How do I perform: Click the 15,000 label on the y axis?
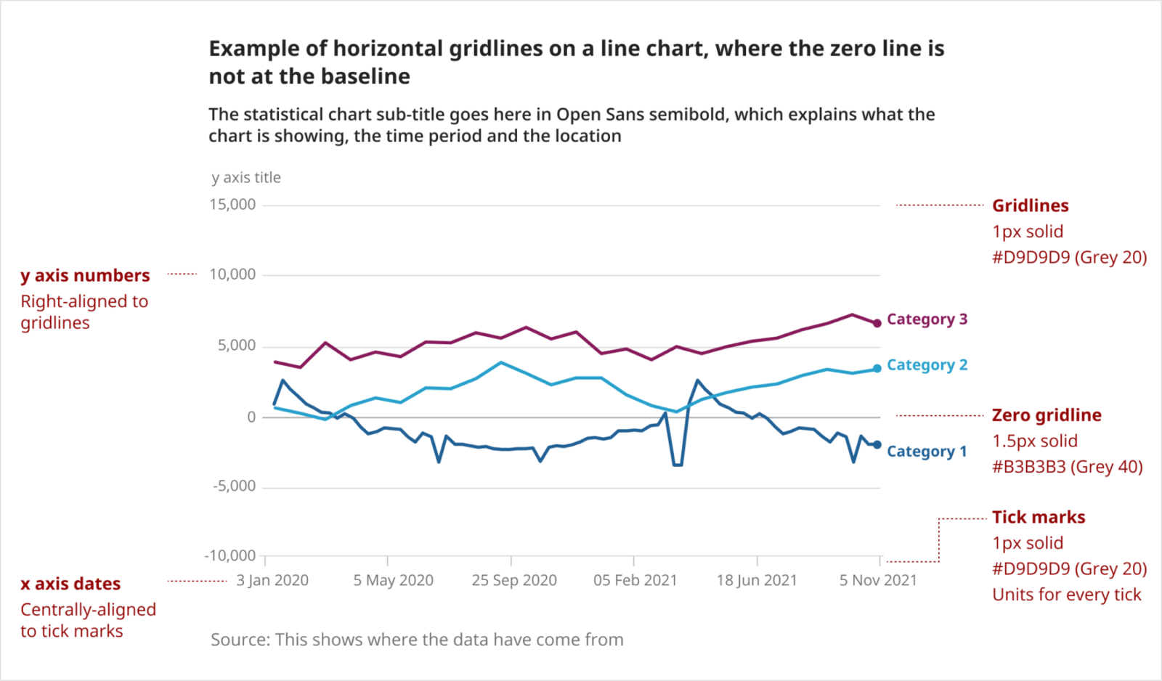[x=232, y=205]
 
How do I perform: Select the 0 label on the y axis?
[x=251, y=417]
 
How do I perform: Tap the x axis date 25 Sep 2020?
[x=514, y=580]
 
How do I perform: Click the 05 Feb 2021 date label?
[x=635, y=580]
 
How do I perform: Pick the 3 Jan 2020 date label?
[x=272, y=580]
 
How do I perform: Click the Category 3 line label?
[x=927, y=319]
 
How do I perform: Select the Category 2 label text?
[x=927, y=365]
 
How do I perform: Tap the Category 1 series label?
[x=927, y=452]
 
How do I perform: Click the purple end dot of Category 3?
[x=877, y=323]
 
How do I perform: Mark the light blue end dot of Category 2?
[x=877, y=368]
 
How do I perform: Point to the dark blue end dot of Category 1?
[x=877, y=445]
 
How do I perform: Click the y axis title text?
[x=246, y=178]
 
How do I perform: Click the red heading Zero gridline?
[x=1047, y=415]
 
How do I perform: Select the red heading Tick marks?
[x=1039, y=517]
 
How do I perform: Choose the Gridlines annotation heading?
[x=1031, y=205]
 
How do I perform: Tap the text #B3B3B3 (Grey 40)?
[x=1067, y=467]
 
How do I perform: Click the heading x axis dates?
[x=70, y=584]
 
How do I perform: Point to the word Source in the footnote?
[x=240, y=640]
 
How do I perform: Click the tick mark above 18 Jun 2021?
[x=757, y=560]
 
